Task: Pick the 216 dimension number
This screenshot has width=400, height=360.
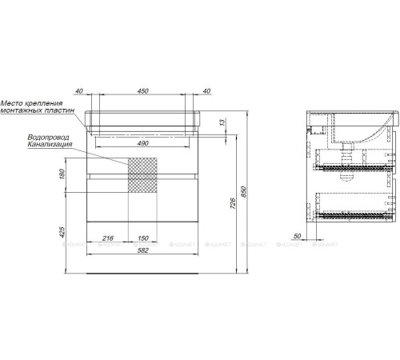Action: tap(110, 239)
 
